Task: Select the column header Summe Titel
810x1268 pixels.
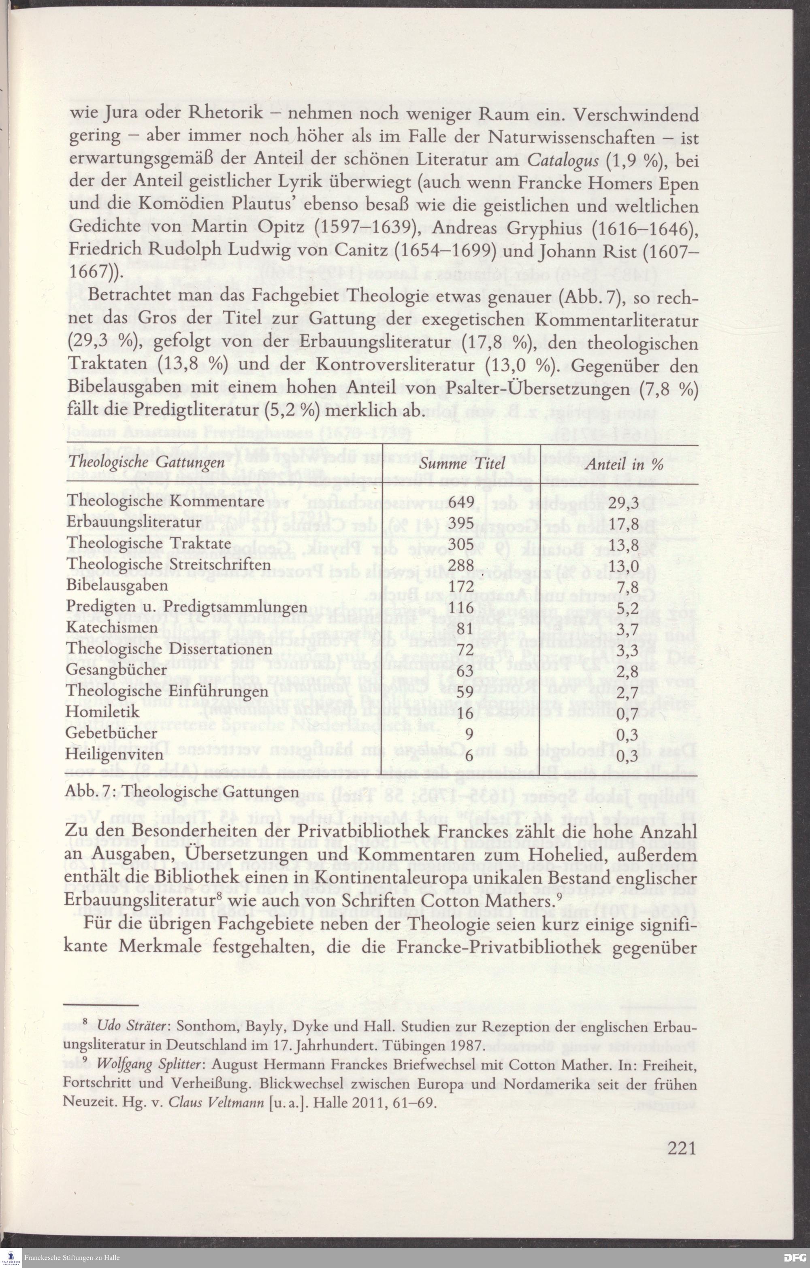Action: pos(462,464)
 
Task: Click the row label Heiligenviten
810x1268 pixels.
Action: pos(114,754)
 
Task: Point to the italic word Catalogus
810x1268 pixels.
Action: pos(563,160)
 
